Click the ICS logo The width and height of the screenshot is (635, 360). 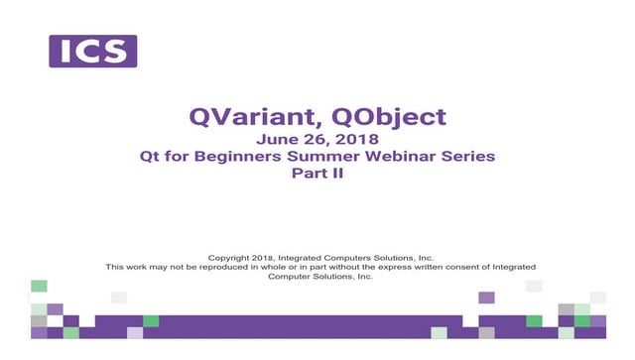pyautogui.click(x=93, y=52)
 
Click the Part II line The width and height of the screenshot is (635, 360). pyautogui.click(x=317, y=173)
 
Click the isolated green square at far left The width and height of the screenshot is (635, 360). pyautogui.click(x=39, y=286)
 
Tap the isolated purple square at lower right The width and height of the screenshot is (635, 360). pyautogui.click(x=486, y=298)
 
